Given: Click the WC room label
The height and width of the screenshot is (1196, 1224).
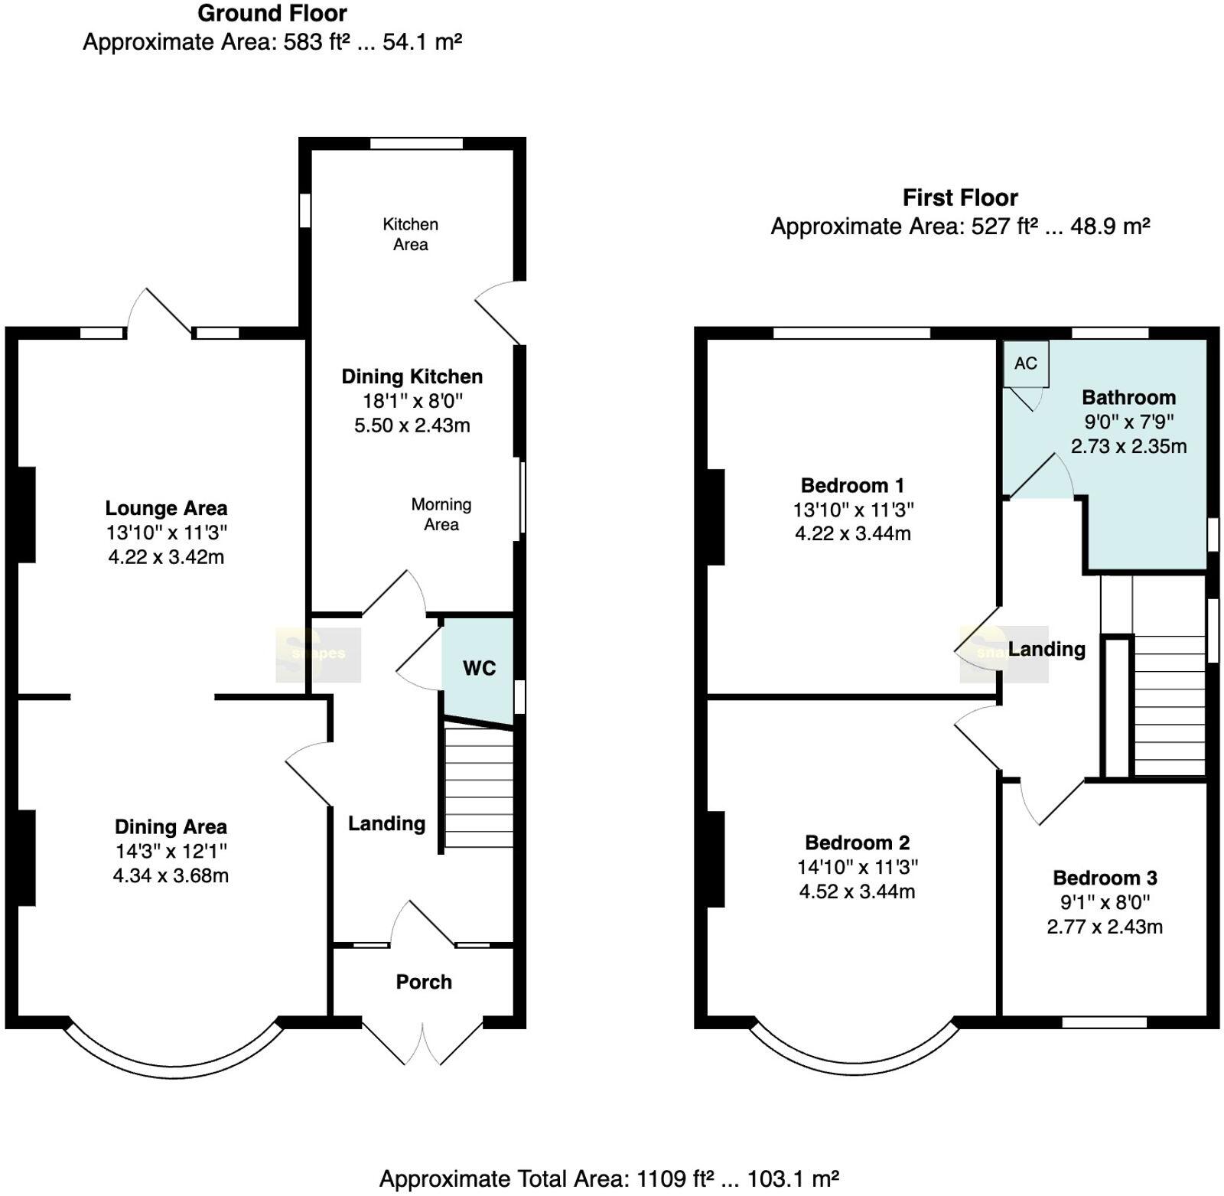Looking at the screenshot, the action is (479, 668).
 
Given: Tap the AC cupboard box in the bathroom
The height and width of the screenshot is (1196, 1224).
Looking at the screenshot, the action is (1026, 363).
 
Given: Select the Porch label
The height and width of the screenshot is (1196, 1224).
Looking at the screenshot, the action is (424, 982).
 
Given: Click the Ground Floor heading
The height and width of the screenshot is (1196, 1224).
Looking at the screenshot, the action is (272, 13).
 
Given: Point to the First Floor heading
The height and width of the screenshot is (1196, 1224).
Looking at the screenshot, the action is (960, 197).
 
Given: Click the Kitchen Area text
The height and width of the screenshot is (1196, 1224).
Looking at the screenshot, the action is (411, 234).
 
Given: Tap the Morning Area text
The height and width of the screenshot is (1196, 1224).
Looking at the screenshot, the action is (441, 514).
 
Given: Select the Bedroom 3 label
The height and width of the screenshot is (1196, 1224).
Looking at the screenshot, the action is (1105, 878).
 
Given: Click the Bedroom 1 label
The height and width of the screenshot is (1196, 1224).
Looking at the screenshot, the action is (852, 485).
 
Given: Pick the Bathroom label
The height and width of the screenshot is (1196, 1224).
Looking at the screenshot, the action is (1128, 397).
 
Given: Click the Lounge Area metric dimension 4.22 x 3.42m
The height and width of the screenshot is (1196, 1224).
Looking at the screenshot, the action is (166, 557).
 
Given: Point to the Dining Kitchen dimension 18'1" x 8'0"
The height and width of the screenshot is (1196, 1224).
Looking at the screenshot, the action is (412, 401).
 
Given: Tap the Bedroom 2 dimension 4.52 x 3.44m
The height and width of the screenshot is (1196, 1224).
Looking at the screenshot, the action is (857, 891).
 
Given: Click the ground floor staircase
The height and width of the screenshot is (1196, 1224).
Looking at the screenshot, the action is (479, 787).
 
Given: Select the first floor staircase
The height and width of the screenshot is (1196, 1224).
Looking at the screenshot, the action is (1168, 704).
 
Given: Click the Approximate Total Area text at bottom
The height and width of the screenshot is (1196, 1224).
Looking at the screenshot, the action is (609, 1179).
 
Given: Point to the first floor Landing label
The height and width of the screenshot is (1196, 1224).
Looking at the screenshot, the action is (1047, 649).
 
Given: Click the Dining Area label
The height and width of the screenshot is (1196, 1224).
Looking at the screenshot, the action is (171, 826).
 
